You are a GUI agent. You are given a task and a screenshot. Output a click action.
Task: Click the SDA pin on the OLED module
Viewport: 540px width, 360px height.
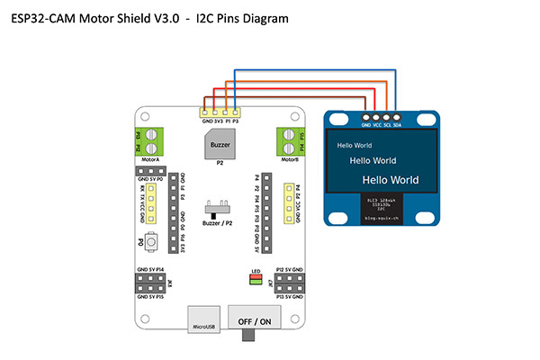tap(397, 116)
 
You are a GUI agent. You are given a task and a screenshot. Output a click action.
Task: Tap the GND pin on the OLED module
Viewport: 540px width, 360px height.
tap(365, 116)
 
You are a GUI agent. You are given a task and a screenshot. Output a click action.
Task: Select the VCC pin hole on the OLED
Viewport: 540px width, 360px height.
tap(376, 116)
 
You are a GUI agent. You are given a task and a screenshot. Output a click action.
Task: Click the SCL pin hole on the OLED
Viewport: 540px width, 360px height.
tap(386, 116)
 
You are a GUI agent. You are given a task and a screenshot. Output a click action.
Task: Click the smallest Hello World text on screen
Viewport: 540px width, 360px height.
tap(354, 145)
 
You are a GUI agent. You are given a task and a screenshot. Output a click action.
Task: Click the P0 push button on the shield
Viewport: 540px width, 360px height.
tap(154, 242)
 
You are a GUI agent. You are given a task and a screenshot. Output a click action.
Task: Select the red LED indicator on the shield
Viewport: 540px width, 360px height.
tap(255, 276)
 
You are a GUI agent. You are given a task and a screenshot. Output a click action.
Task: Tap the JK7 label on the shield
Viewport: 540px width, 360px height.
tap(270, 283)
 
